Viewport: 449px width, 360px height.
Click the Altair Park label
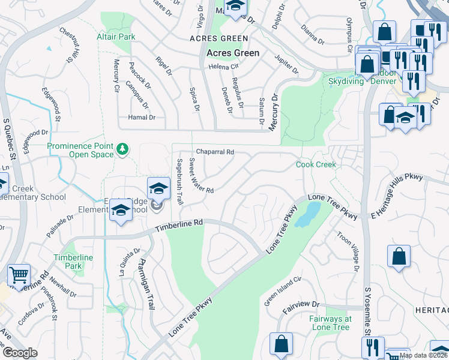(x=116, y=37)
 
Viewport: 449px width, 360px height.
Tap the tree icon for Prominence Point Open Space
(x=123, y=148)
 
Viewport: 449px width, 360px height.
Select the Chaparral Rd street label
(x=214, y=152)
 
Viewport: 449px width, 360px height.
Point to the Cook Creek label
(x=315, y=164)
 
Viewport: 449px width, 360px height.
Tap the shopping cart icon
(x=19, y=276)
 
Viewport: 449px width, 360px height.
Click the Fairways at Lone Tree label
(x=330, y=323)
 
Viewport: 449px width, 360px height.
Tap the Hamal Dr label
(x=142, y=118)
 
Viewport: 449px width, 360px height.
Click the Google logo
(x=20, y=353)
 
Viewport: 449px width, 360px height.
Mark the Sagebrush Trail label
(x=179, y=181)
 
